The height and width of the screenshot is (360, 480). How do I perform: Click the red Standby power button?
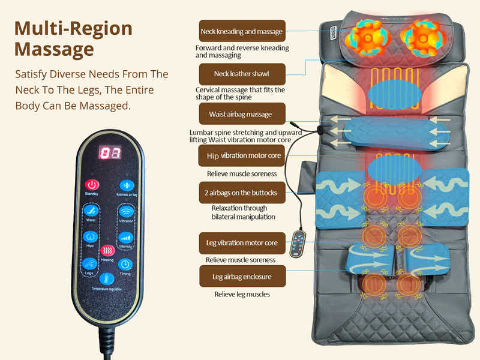(92, 185)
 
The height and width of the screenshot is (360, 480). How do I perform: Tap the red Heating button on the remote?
(107, 250)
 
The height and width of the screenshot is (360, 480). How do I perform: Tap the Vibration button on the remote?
(126, 211)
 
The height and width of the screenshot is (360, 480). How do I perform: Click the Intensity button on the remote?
(126, 238)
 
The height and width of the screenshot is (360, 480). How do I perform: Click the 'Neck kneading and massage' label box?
(242, 31)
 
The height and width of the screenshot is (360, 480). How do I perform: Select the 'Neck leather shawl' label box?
(242, 74)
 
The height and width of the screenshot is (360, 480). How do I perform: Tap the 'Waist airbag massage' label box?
(242, 114)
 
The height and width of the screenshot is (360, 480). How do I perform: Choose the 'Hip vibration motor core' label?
(242, 155)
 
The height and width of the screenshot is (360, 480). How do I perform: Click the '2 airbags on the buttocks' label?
(242, 193)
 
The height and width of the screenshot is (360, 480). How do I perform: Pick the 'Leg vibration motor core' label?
(242, 243)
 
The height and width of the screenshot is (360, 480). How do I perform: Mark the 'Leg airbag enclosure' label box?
(242, 277)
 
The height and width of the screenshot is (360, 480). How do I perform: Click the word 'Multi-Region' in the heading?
(73, 28)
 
